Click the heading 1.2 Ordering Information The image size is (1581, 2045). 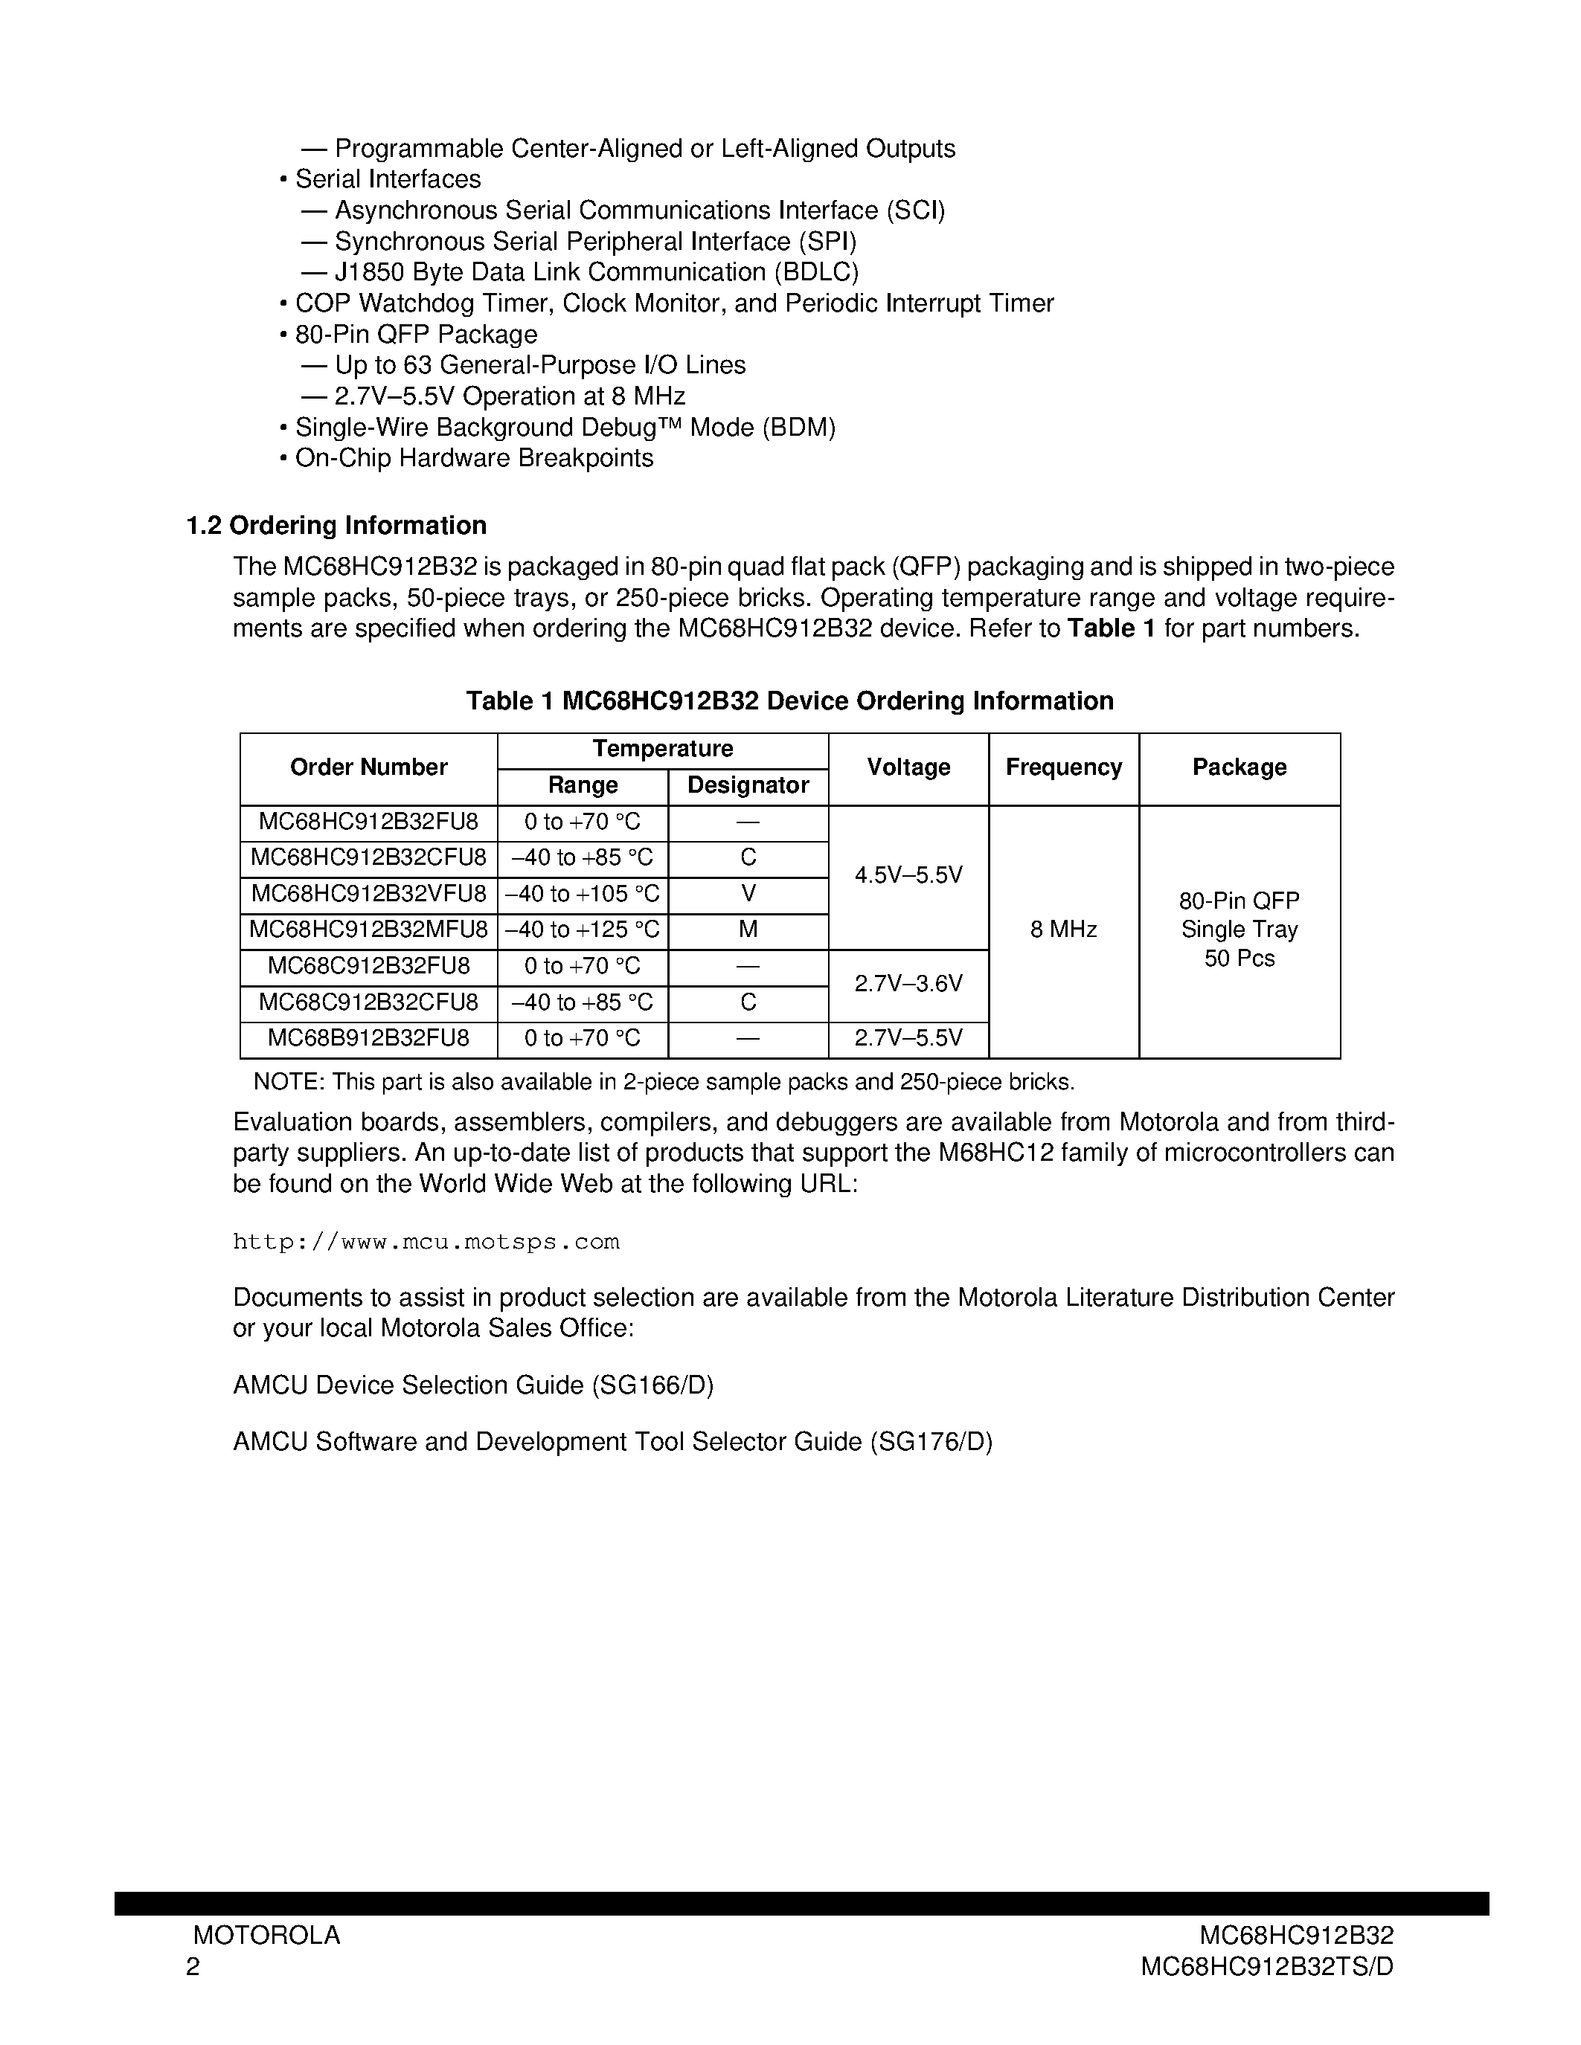tap(336, 525)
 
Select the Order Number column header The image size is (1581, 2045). tap(368, 768)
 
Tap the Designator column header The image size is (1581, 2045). tap(748, 785)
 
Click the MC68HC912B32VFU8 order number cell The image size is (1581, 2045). tap(368, 894)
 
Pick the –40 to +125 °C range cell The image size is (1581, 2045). tap(582, 930)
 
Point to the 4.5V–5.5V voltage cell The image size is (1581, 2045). tap(908, 875)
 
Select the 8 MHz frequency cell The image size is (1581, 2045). tap(1063, 930)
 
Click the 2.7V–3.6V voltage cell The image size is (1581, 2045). tap(908, 984)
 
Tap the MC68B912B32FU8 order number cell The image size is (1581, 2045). tap(368, 1038)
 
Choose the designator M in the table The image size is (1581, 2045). tap(748, 930)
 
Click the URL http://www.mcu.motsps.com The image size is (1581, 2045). tap(426, 1243)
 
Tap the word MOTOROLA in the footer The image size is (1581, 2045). tap(266, 1936)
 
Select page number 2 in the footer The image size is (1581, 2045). tap(193, 1967)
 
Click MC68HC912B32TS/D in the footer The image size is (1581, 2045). tap(1266, 1967)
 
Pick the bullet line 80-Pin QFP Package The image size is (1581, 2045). tap(415, 335)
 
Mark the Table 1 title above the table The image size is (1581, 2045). tap(789, 701)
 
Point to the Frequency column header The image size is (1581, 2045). tap(1063, 768)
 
